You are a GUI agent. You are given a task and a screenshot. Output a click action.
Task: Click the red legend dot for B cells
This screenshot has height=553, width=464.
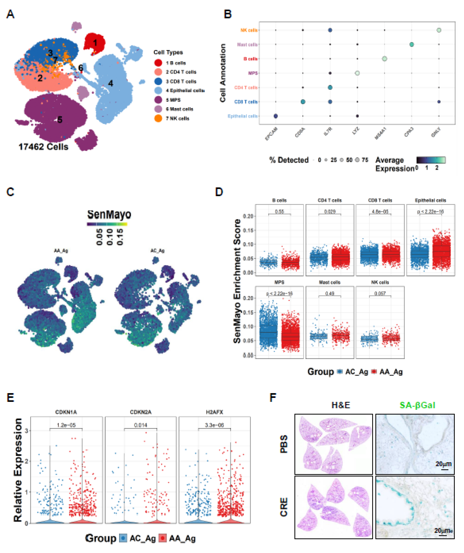coord(158,63)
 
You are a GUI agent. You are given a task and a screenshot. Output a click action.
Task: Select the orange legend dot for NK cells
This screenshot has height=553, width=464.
coord(158,118)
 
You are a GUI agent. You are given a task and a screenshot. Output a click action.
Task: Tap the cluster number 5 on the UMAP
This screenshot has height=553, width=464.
coord(60,120)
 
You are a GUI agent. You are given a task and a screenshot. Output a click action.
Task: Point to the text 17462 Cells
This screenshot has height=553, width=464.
coord(43,147)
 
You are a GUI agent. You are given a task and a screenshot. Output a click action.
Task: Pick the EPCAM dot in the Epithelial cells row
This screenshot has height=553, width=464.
coord(276,116)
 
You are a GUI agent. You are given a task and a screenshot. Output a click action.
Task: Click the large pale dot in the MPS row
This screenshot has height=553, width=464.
coord(357,73)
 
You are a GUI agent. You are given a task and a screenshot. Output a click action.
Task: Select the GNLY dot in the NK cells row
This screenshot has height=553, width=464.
coord(439,30)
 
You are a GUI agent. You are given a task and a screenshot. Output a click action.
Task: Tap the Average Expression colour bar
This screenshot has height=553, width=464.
coord(431,160)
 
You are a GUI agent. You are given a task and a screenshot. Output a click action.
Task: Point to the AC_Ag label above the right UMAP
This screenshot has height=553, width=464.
coord(157,250)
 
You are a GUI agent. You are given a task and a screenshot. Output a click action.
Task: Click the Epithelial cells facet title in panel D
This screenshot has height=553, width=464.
coord(430,200)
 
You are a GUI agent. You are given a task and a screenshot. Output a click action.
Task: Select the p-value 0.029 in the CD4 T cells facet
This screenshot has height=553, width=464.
coord(330,211)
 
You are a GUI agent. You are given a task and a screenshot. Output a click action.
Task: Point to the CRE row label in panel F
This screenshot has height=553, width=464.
coord(284,507)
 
